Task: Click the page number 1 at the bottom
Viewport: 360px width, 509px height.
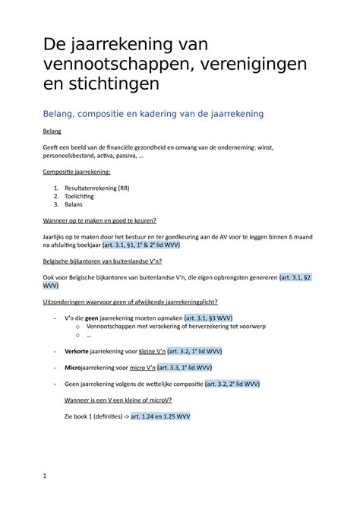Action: tap(45, 476)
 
